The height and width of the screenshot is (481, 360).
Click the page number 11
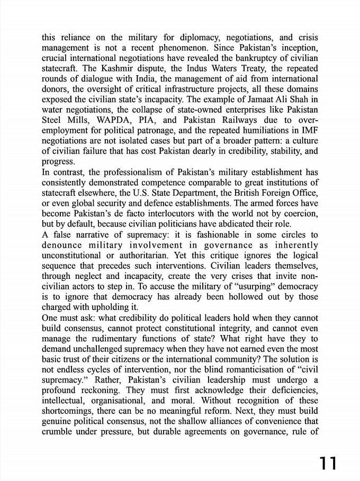click(328, 463)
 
